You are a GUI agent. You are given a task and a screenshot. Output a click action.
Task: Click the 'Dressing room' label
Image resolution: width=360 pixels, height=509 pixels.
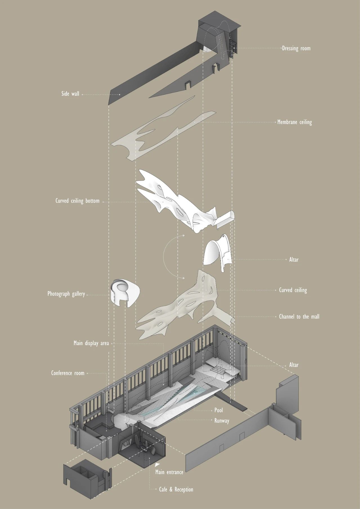tap(296, 48)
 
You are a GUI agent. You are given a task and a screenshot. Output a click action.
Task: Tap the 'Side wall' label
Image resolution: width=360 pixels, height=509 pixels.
tap(70, 94)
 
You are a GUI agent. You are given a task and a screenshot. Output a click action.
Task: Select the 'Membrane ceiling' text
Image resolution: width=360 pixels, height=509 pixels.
tap(294, 122)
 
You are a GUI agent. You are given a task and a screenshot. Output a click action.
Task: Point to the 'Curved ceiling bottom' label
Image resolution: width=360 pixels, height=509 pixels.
tap(77, 201)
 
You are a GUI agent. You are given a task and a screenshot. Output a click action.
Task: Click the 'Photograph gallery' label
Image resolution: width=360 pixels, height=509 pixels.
tap(66, 294)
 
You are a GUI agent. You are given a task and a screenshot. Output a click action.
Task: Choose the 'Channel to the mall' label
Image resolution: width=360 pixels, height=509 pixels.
tap(299, 317)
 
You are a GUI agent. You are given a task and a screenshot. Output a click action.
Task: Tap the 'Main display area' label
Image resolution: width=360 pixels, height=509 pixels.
tap(91, 343)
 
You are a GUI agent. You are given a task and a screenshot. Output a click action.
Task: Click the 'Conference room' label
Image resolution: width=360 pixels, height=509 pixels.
tap(68, 373)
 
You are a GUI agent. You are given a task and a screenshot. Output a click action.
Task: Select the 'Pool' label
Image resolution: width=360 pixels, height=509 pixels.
tap(219, 410)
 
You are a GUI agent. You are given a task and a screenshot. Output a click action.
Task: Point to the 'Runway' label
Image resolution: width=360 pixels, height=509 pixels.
tap(222, 421)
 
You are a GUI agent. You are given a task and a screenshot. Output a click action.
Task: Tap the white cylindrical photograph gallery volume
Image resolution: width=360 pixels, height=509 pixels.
tap(124, 292)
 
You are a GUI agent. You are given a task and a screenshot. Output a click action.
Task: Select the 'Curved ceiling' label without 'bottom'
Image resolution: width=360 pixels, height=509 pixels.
tap(293, 290)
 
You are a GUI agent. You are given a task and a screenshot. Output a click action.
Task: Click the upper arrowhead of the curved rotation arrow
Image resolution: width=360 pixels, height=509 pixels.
tap(184, 235)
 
